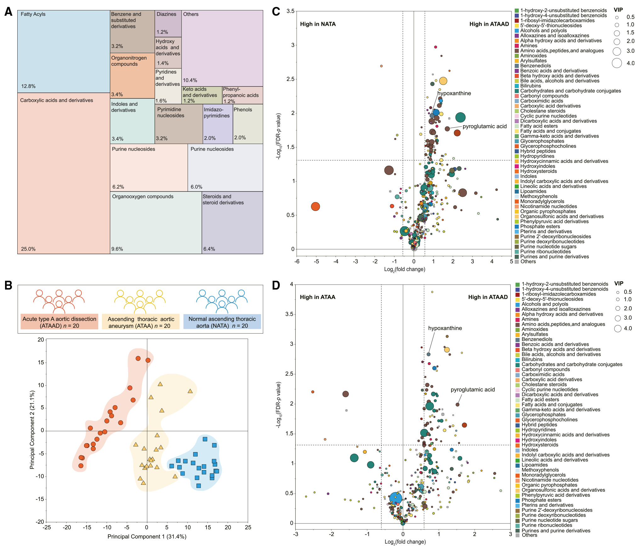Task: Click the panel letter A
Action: point(8,12)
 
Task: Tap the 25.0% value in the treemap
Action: point(28,249)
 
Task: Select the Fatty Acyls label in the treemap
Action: point(33,14)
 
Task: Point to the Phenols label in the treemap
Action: point(243,110)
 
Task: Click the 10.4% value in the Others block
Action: point(190,80)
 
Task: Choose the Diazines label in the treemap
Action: point(167,14)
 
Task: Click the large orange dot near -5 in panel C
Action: point(315,207)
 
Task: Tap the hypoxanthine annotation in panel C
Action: point(454,93)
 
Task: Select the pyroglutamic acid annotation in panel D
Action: point(473,390)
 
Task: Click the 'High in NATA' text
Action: point(318,24)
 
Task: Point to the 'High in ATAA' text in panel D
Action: point(318,297)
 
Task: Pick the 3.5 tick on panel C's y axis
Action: point(290,11)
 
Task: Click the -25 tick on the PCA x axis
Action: point(47,527)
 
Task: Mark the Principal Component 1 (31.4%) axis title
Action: point(147,537)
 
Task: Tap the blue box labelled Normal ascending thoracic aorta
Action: point(222,322)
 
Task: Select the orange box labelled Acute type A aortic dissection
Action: point(59,322)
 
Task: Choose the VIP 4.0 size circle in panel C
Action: point(617,63)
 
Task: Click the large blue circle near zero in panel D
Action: point(396,498)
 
